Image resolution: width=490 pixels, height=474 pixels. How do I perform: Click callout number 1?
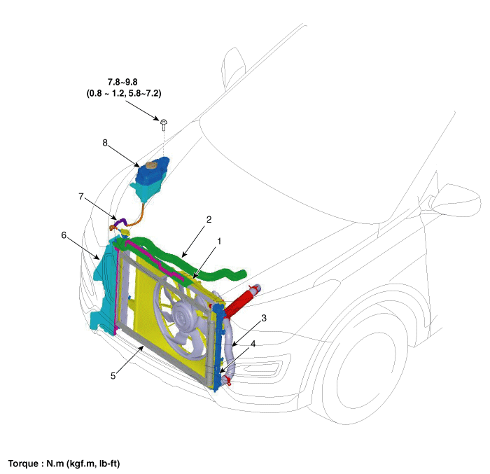tap(219, 241)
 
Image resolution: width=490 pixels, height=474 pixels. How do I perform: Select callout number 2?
tap(209, 219)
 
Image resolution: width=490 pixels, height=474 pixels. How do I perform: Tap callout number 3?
tap(263, 319)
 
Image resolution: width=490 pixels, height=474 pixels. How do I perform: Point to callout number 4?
tap(253, 344)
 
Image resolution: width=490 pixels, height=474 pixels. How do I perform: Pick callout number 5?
tap(113, 375)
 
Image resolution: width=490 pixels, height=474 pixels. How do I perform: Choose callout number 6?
tap(65, 235)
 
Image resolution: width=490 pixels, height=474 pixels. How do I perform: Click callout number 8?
tap(105, 142)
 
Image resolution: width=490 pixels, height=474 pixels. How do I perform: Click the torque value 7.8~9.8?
tap(123, 82)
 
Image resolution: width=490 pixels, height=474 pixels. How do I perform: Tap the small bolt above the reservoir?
tap(163, 123)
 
